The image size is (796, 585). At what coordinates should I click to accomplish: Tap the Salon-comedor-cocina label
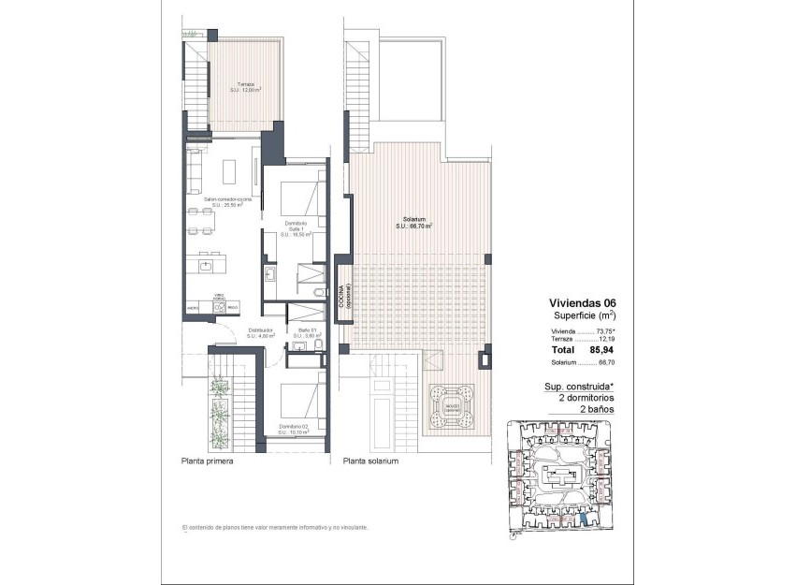point(228,203)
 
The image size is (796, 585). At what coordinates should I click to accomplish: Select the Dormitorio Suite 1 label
point(296,228)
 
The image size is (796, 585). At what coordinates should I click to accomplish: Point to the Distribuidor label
point(261,334)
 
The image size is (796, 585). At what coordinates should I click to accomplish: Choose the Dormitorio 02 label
point(297,431)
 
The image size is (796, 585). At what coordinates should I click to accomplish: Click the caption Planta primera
point(208,461)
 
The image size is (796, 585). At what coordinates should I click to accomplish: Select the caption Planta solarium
point(371,461)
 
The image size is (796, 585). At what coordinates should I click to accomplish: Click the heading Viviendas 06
point(581,303)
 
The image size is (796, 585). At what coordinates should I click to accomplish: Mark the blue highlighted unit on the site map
point(583,519)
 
